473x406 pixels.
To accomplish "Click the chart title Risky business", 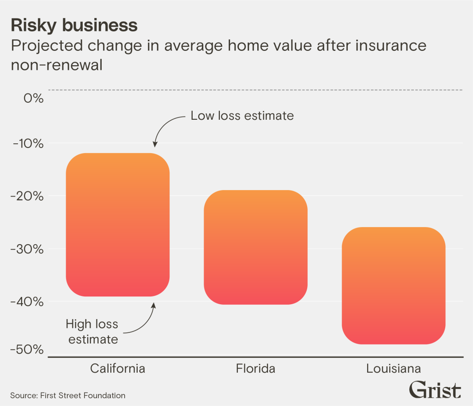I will [x=74, y=25].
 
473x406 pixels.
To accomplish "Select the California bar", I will [x=118, y=224].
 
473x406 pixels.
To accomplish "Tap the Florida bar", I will [x=255, y=247].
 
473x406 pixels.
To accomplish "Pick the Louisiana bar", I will [x=394, y=285].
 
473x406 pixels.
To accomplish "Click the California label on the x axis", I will [x=118, y=369].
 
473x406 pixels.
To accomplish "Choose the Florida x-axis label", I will [x=255, y=369].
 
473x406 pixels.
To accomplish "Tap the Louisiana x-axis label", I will [x=394, y=369].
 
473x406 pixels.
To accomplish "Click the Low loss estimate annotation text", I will [x=242, y=116].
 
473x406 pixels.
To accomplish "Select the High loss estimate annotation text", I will [x=92, y=332].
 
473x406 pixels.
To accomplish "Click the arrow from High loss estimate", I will [x=147, y=321].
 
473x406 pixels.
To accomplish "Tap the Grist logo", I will [x=435, y=390].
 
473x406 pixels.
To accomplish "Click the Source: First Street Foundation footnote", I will [x=67, y=395].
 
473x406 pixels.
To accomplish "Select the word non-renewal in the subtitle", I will [x=56, y=65].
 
